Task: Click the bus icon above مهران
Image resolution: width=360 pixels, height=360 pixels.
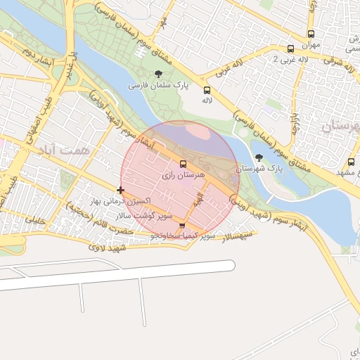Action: (x=311, y=34)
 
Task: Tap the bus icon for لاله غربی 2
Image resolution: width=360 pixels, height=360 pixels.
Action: (x=292, y=49)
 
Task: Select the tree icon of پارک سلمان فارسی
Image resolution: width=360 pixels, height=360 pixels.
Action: (x=160, y=73)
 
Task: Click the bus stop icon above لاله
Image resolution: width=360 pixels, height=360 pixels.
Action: (x=207, y=90)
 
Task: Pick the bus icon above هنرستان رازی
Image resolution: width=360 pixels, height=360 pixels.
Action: (x=184, y=164)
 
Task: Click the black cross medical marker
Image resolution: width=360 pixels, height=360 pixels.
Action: (x=121, y=190)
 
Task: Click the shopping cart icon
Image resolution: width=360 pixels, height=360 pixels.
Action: (x=183, y=226)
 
